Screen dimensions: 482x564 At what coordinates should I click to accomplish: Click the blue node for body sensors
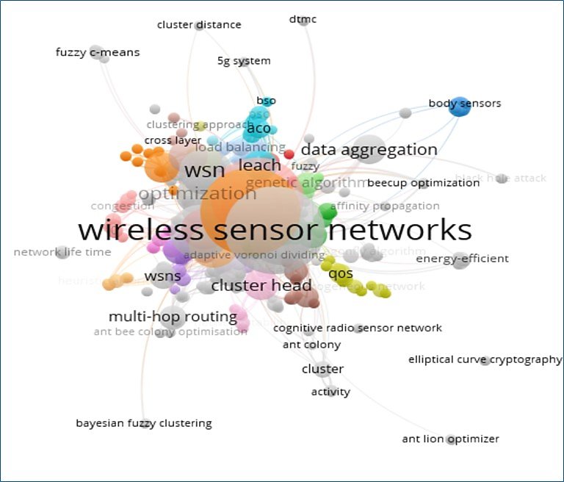(x=459, y=106)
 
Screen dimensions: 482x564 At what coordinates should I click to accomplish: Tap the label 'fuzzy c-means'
(x=98, y=52)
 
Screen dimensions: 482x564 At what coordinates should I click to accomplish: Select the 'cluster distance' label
(x=199, y=25)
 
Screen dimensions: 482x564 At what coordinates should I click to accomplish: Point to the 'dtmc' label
(x=303, y=19)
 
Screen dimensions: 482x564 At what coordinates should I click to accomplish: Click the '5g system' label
(x=244, y=61)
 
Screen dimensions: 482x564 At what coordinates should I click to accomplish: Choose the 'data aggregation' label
(x=369, y=150)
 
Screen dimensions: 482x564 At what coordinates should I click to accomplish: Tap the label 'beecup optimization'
(x=423, y=183)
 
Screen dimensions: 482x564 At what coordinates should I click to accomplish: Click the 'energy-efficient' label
(x=462, y=259)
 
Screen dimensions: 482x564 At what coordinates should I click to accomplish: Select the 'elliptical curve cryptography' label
(x=485, y=359)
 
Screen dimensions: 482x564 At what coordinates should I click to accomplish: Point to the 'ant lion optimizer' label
(x=450, y=439)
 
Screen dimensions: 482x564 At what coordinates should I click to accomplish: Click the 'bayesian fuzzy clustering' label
(x=144, y=423)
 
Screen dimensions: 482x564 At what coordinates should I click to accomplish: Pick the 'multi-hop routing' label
(x=173, y=317)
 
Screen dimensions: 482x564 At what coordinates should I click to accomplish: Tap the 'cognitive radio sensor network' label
(x=358, y=328)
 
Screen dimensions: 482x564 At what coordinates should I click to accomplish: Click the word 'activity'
(x=330, y=392)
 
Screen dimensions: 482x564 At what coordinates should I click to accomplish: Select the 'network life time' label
(x=62, y=252)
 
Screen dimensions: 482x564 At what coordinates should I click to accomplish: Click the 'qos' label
(x=341, y=274)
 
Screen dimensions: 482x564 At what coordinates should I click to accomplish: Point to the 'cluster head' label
(x=261, y=286)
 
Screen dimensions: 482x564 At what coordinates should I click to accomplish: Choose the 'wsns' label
(x=162, y=276)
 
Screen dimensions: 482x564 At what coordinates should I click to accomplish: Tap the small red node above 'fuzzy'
(x=289, y=154)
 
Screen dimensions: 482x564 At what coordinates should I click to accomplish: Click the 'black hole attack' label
(x=501, y=178)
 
